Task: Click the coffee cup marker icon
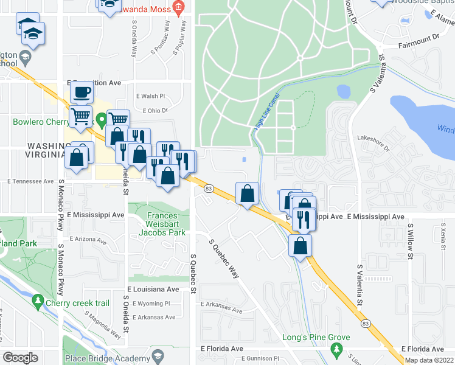tap(81, 92)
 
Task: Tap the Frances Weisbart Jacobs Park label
tap(153, 224)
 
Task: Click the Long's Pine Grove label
tap(316, 337)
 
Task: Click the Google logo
tap(20, 358)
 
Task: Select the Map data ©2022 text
tap(429, 360)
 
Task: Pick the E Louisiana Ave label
tap(153, 290)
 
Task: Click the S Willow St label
tap(411, 241)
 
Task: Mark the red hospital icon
tap(178, 8)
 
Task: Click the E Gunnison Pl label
tap(260, 360)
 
